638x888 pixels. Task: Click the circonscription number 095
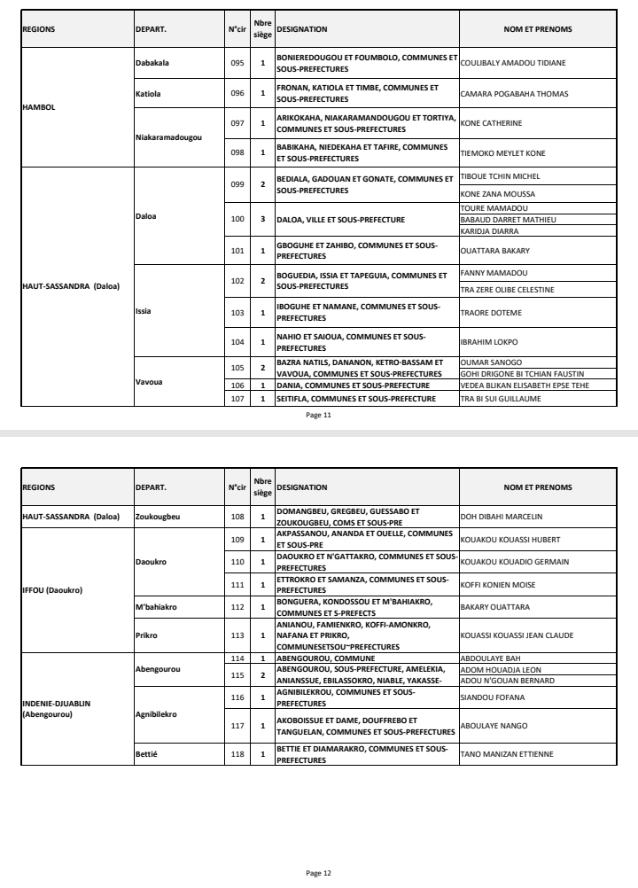coord(237,63)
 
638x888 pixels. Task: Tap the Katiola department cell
coord(147,93)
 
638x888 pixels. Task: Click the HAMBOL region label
coord(39,107)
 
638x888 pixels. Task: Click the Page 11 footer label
coord(318,414)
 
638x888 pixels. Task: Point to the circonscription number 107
coord(237,398)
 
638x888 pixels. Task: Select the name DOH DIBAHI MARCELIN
coord(501,517)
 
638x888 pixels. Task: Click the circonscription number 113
coord(237,635)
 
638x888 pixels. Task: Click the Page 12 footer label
coord(318,873)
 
